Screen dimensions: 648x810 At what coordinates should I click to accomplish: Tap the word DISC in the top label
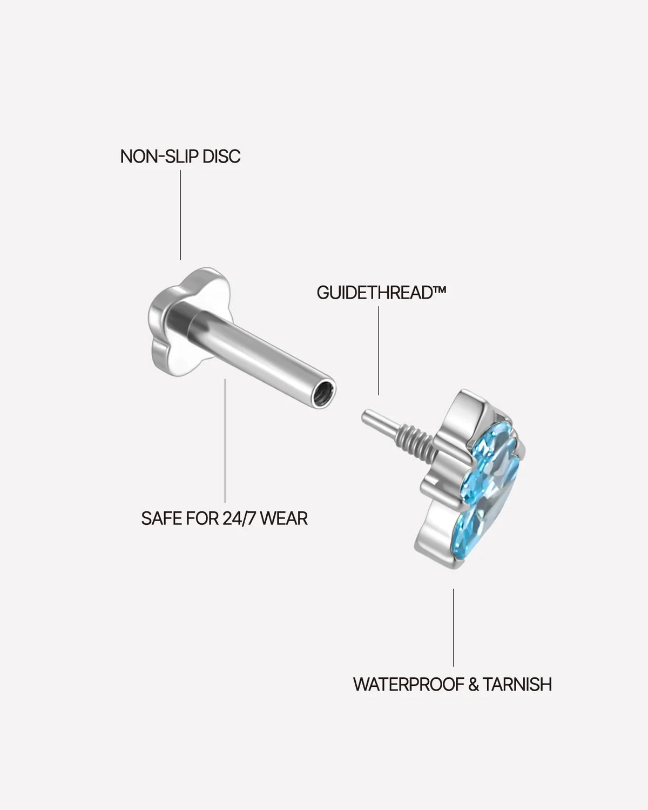click(221, 157)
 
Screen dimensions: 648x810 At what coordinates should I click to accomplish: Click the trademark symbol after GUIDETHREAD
click(438, 290)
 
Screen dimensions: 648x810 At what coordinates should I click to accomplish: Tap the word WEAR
click(284, 518)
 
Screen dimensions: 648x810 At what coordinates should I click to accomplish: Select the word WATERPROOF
click(408, 684)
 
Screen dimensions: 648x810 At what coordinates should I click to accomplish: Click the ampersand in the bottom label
click(473, 684)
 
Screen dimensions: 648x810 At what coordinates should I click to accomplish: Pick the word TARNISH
click(517, 684)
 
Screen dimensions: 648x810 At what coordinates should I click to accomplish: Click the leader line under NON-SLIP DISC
click(180, 215)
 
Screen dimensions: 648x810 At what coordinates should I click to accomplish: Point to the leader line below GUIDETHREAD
click(379, 350)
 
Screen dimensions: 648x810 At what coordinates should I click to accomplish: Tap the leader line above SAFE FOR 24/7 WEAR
click(225, 441)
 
